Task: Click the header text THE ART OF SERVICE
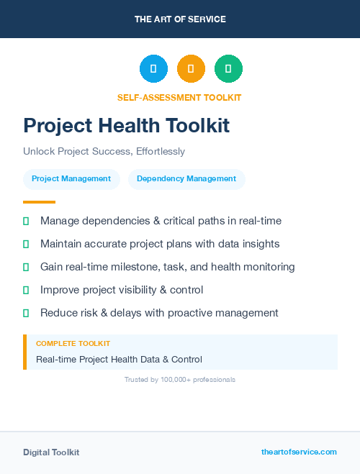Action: tap(180, 19)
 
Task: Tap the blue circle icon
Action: tap(153, 68)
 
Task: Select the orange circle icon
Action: tap(191, 68)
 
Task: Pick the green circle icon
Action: tap(228, 68)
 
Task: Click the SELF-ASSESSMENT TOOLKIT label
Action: tap(179, 97)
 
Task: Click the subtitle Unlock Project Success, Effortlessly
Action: tap(104, 151)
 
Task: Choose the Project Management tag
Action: tap(71, 178)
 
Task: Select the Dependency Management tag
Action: tap(186, 178)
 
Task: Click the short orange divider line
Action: tap(39, 202)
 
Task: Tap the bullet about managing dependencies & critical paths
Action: tap(161, 221)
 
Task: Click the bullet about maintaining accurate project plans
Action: tap(160, 244)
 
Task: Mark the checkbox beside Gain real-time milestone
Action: tap(26, 267)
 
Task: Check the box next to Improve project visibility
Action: tap(26, 290)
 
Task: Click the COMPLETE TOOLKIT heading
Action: tap(73, 344)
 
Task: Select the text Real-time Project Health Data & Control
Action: tap(119, 359)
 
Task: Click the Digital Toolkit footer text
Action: tap(51, 452)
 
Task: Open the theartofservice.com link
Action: tap(299, 452)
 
